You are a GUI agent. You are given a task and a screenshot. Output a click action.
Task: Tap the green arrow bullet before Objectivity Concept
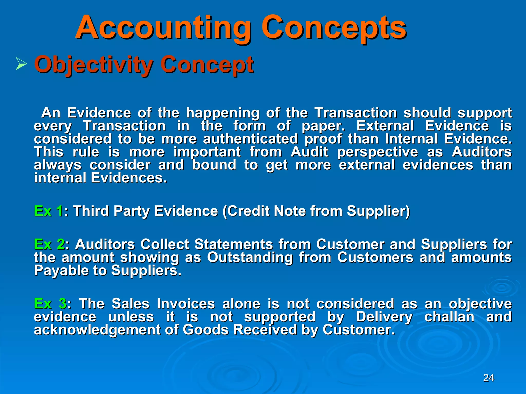21,64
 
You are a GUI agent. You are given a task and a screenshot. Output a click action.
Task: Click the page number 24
488,378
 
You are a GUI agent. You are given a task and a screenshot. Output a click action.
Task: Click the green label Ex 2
49,244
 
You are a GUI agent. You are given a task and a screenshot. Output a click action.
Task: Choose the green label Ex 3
50,304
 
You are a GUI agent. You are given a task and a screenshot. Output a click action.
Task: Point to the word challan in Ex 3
449,317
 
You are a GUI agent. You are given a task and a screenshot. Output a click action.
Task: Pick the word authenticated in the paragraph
250,139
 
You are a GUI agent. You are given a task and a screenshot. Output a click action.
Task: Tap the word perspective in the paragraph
378,152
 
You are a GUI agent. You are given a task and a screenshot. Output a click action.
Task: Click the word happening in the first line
223,113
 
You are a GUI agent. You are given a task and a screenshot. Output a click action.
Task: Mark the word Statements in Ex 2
233,244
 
